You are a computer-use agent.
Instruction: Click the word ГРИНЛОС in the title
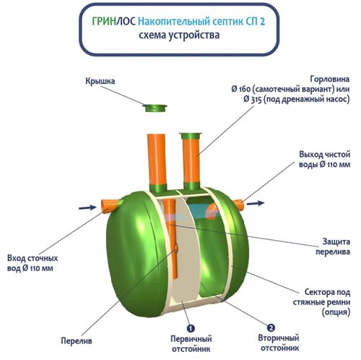(x=114, y=22)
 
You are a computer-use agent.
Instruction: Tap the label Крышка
(x=100, y=81)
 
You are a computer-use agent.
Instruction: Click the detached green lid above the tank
(x=155, y=108)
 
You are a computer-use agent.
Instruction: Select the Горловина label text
(x=290, y=89)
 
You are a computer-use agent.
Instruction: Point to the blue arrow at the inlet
(x=87, y=207)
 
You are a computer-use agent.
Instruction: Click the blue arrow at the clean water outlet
(x=256, y=203)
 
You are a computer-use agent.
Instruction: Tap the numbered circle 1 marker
(x=191, y=328)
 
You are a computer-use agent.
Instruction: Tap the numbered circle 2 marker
(x=271, y=327)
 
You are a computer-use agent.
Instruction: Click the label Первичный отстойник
(x=191, y=343)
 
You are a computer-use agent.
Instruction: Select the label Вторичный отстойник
(x=279, y=343)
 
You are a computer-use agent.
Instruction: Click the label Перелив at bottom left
(x=77, y=340)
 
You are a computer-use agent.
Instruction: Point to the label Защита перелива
(x=333, y=247)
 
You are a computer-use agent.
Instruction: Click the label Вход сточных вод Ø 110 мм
(x=32, y=263)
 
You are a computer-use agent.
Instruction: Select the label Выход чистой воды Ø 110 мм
(x=324, y=159)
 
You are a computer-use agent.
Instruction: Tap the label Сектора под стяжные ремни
(x=321, y=302)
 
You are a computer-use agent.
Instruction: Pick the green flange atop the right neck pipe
(x=191, y=136)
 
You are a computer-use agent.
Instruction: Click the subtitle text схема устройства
(x=179, y=35)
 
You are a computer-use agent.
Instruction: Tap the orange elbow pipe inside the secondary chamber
(x=212, y=211)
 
